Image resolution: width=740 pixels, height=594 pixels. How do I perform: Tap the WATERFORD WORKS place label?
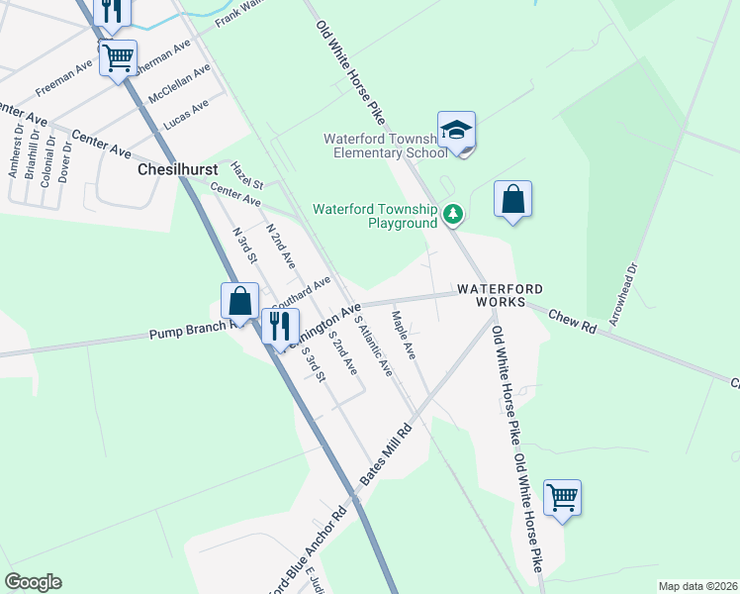click(500, 294)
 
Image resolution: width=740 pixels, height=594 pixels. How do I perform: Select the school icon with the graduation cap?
click(457, 131)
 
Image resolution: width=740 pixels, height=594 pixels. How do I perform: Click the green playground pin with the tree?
click(453, 213)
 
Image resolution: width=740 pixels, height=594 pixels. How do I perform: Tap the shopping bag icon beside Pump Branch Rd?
click(240, 301)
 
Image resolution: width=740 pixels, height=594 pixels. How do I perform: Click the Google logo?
click(33, 582)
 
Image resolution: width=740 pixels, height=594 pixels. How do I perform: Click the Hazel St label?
click(247, 175)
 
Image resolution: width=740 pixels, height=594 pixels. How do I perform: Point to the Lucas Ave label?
click(186, 114)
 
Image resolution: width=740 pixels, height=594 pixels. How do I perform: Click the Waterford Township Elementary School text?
click(385, 146)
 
